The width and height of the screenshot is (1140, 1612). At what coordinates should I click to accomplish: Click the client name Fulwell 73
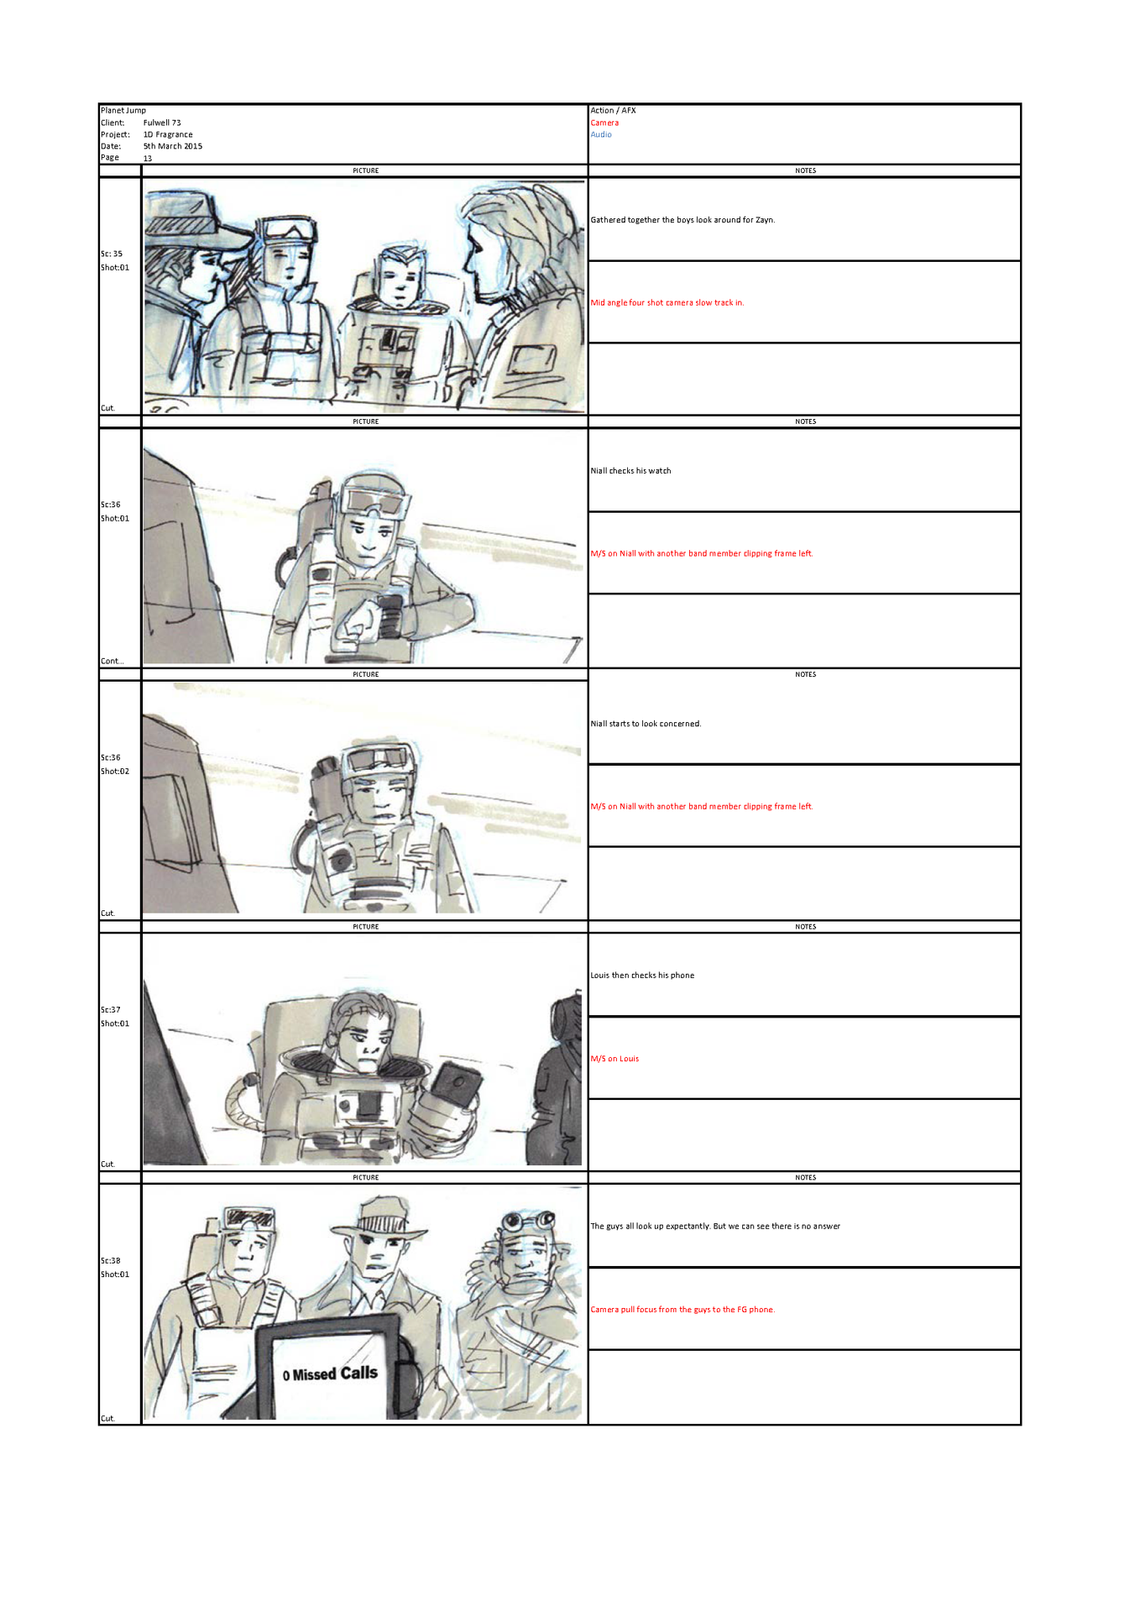pyautogui.click(x=162, y=123)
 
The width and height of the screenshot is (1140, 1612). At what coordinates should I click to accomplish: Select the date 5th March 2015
pyautogui.click(x=173, y=146)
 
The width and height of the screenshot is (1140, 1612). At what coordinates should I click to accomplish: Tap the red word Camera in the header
pyautogui.click(x=604, y=123)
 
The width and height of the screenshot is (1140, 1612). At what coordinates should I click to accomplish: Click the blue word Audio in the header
pyautogui.click(x=601, y=134)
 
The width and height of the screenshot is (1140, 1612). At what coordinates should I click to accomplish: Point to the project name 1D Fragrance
pyautogui.click(x=168, y=134)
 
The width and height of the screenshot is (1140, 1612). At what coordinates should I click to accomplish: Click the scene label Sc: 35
pyautogui.click(x=112, y=254)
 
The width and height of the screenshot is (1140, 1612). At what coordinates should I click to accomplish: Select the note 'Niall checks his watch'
pyautogui.click(x=630, y=471)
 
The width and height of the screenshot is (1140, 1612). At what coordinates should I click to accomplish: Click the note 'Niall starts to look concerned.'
pyautogui.click(x=646, y=724)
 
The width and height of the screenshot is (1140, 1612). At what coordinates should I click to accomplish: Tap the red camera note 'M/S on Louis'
pyautogui.click(x=614, y=1059)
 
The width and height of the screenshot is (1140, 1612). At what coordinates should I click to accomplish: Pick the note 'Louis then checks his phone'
pyautogui.click(x=642, y=976)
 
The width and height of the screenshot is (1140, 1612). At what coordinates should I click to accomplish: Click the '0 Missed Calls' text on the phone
pyautogui.click(x=330, y=1374)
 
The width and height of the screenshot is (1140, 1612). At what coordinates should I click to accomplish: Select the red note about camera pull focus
pyautogui.click(x=682, y=1310)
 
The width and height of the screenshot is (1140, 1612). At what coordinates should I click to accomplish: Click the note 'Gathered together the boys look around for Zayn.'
pyautogui.click(x=682, y=220)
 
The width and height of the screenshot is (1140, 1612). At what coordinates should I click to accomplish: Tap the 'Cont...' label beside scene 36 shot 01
pyautogui.click(x=112, y=661)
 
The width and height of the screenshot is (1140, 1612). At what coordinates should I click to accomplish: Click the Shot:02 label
pyautogui.click(x=115, y=771)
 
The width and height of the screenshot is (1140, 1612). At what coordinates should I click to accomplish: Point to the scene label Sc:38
pyautogui.click(x=111, y=1260)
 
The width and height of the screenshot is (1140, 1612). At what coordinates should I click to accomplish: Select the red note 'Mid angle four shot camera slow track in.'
pyautogui.click(x=667, y=303)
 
